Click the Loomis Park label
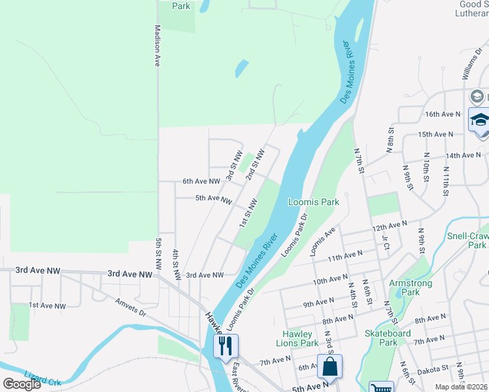click(314, 203)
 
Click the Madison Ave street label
click(158, 46)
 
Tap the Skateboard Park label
click(388, 338)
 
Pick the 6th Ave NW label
click(201, 181)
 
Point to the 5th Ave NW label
click(213, 199)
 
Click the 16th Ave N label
click(443, 114)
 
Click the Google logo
click(22, 384)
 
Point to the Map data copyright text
click(462, 387)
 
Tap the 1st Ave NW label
click(47, 305)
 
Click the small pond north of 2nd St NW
click(242, 68)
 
